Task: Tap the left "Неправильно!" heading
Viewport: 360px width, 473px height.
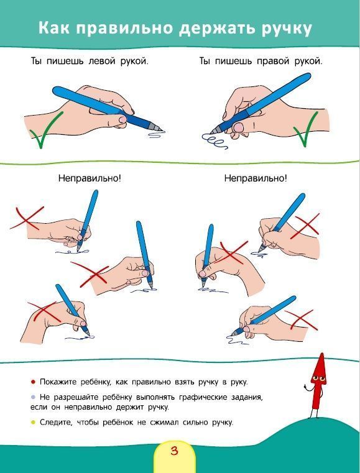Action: click(90, 178)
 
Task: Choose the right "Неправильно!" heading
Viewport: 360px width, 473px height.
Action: click(256, 178)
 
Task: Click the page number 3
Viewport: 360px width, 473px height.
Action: click(175, 451)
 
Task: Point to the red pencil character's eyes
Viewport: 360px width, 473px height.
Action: click(319, 379)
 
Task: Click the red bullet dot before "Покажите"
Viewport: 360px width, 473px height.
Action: click(33, 382)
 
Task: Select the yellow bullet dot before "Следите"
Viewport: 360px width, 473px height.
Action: click(33, 422)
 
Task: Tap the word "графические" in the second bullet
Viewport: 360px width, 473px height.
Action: click(205, 397)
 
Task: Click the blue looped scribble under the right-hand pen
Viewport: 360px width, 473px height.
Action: click(215, 141)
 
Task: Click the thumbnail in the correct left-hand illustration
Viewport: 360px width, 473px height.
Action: click(123, 119)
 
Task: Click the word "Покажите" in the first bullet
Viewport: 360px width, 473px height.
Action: click(59, 382)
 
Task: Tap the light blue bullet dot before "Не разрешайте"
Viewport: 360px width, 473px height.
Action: click(33, 397)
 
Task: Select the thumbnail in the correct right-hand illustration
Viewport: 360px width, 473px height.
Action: click(239, 127)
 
